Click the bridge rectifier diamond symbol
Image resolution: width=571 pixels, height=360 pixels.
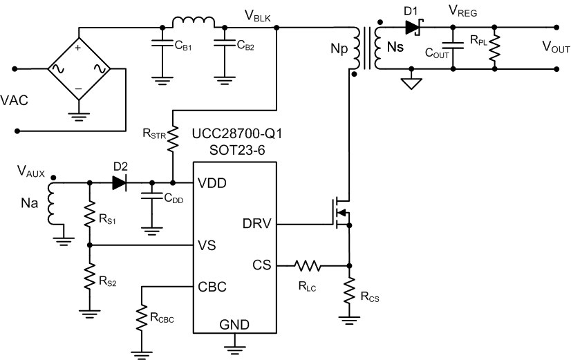point(78,69)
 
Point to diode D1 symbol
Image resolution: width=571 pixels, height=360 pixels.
point(414,28)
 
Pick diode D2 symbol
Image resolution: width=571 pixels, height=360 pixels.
point(119,183)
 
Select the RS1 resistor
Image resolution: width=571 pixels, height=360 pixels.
point(90,214)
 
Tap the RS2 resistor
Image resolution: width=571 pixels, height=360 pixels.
point(90,278)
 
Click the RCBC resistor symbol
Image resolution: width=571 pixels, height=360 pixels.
point(141,319)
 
